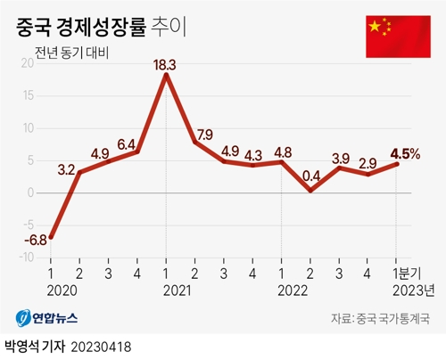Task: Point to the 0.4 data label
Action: click(311, 176)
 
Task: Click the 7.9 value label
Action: click(203, 135)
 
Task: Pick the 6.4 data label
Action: click(127, 143)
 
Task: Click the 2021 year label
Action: click(166, 290)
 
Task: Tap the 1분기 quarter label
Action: click(407, 273)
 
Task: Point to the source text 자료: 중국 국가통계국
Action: click(380, 318)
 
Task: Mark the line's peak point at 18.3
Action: click(166, 75)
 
